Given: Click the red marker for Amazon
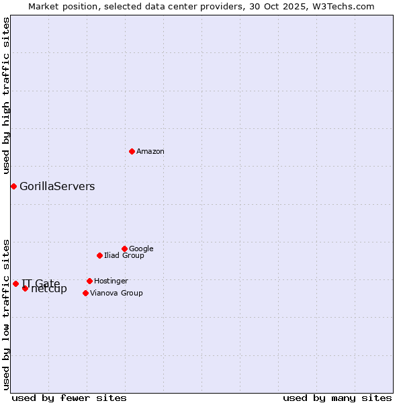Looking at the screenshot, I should pos(132,151).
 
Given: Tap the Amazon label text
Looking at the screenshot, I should pos(150,152).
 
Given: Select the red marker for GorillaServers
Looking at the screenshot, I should pos(13,186).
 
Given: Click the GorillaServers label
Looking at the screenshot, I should pos(57,187).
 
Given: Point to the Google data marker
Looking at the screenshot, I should pos(124,249).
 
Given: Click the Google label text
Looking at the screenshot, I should pos(141,249).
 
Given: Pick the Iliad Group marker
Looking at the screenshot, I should pos(99,255).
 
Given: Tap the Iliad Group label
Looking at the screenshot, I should pos(124,256).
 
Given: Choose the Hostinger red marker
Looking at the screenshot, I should pos(89,281).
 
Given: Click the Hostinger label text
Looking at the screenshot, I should pos(111,281).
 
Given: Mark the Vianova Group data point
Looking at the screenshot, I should pos(85,293).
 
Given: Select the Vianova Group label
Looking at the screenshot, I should pos(116,294).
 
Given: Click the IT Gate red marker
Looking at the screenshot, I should pos(15,283).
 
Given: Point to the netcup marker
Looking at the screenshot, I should pos(25,288).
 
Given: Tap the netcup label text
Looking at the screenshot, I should pos(49,289).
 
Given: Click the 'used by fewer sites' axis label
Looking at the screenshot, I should pos(69,398).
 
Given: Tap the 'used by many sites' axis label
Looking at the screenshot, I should pos(337,398).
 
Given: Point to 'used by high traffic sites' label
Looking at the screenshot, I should pos(7,96).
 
